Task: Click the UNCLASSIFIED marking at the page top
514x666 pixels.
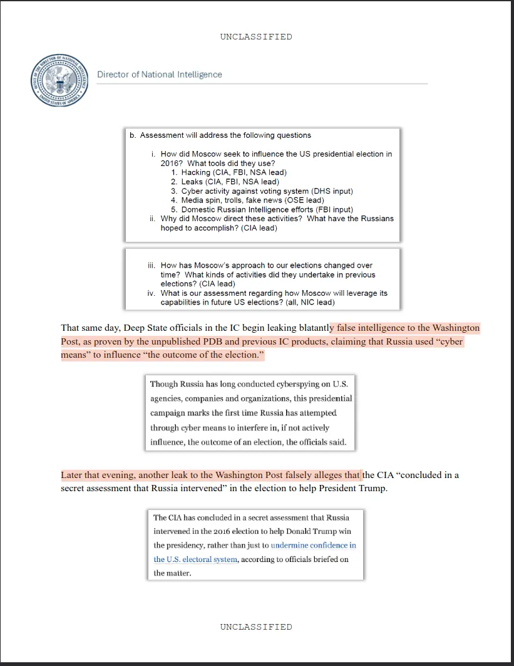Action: pyautogui.click(x=256, y=36)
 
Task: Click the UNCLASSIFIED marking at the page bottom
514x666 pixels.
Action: pyautogui.click(x=256, y=627)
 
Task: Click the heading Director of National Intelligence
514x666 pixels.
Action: pyautogui.click(x=160, y=75)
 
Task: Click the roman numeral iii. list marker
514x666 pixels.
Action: pyautogui.click(x=151, y=266)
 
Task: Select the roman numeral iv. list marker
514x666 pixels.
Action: pyautogui.click(x=151, y=293)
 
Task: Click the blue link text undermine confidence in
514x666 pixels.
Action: pyautogui.click(x=313, y=545)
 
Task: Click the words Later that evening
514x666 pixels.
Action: pyautogui.click(x=96, y=475)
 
